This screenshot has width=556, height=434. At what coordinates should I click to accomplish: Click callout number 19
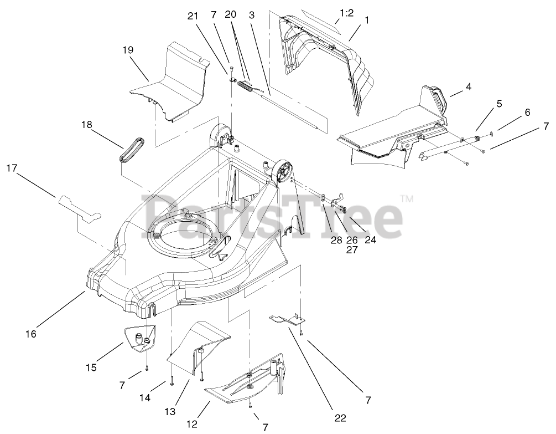tap(128, 49)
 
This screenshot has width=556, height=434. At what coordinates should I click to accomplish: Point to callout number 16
tap(30, 334)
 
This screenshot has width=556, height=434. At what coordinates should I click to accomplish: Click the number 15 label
tap(91, 367)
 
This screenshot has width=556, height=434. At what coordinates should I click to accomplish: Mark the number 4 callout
tap(468, 86)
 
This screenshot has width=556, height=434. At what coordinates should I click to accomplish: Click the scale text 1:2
tap(346, 13)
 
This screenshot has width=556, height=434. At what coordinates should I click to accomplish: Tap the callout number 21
tap(193, 16)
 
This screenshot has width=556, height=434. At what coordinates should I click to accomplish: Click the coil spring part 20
tap(246, 87)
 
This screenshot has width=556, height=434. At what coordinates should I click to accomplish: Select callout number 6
tap(527, 112)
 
